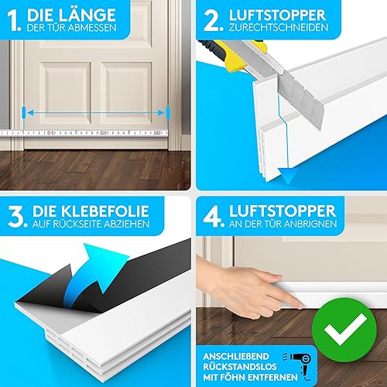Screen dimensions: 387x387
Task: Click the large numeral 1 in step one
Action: click(x=13, y=21)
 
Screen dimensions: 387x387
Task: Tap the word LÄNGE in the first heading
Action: click(x=87, y=15)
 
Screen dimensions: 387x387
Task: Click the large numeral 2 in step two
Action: click(x=213, y=21)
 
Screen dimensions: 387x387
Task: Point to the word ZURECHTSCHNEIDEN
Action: click(x=279, y=27)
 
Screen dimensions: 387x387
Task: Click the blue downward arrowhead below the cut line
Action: click(x=288, y=176)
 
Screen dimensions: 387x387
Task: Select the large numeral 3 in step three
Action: click(x=17, y=217)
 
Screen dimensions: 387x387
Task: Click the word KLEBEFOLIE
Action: click(x=105, y=211)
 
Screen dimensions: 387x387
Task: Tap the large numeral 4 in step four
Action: click(x=213, y=217)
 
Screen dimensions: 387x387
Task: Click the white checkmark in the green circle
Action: click(x=345, y=329)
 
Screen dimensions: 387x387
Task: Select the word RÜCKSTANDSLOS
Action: click(x=240, y=367)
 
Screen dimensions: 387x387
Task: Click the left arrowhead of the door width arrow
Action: click(x=30, y=113)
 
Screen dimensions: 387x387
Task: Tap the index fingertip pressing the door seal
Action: click(x=300, y=306)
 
